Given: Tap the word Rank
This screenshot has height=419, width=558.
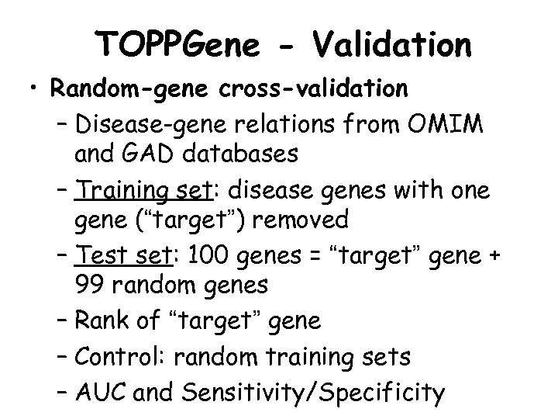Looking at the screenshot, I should pyautogui.click(x=104, y=319).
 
